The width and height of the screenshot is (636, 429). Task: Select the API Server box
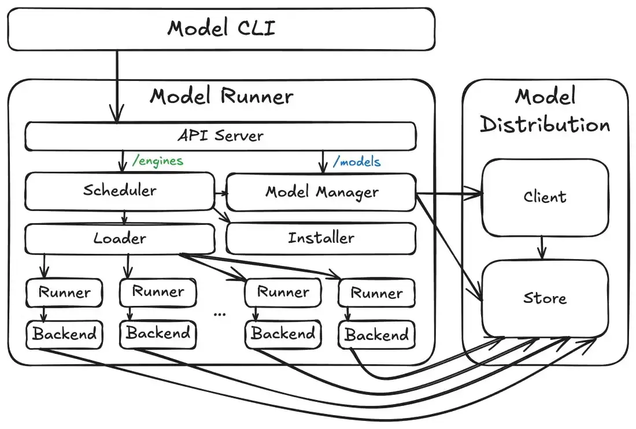220,136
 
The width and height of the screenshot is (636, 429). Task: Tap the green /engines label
157,161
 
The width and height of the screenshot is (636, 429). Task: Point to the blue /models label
357,161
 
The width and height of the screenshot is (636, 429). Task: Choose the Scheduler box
119,191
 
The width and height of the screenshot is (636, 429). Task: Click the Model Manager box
321,192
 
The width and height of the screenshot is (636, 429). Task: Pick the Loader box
119,238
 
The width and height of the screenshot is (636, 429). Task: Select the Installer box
321,238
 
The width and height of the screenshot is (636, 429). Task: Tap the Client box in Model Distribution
545,197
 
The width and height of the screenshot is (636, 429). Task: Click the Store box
545,298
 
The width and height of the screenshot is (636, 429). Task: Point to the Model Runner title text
221,96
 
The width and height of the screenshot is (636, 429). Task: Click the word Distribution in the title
545,124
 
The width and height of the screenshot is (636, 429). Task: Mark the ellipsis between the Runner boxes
220,313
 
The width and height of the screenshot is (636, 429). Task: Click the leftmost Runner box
64,293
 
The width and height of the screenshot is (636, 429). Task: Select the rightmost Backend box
376,335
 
